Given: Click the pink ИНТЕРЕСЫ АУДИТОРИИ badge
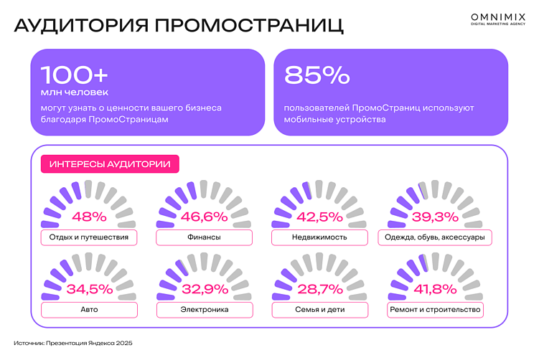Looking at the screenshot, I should coord(110,164).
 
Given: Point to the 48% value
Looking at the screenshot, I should coord(89,216).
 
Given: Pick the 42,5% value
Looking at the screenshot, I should coord(319,216).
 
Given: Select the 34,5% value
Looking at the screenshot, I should coord(89,289).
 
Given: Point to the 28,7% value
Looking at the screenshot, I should coord(319,289).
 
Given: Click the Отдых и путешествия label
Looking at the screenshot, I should coord(89,237).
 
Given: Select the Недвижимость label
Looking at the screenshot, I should coord(319,237).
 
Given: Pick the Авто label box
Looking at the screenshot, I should coord(89,310).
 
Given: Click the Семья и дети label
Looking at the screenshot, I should coord(319,310).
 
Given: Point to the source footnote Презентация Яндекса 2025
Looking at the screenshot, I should coord(73,344).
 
